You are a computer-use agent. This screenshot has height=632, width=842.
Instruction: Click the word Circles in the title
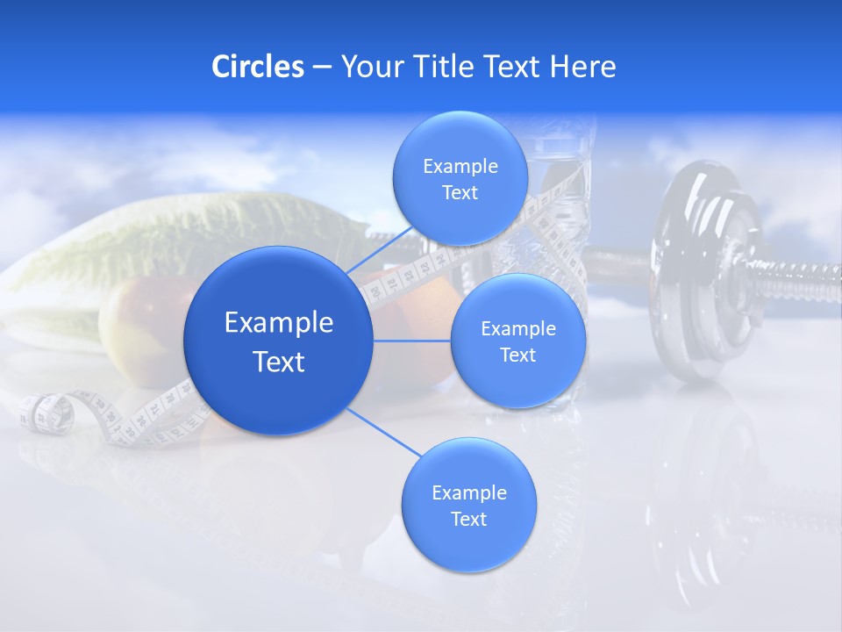click(257, 67)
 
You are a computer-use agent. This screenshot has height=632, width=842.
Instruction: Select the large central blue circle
click(278, 341)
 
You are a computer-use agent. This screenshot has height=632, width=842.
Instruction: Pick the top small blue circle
click(460, 179)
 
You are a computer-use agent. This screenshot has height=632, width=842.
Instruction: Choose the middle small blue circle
click(517, 341)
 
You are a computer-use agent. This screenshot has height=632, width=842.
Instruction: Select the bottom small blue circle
click(468, 505)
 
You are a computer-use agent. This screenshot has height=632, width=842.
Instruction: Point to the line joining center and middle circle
click(411, 341)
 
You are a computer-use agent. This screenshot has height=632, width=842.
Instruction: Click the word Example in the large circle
click(278, 323)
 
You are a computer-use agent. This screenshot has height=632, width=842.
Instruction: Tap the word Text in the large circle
click(278, 362)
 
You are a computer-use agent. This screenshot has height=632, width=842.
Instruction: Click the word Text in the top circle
click(460, 193)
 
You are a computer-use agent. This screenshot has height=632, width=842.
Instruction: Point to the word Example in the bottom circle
click(468, 492)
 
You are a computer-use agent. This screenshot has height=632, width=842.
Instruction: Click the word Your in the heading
click(369, 67)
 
